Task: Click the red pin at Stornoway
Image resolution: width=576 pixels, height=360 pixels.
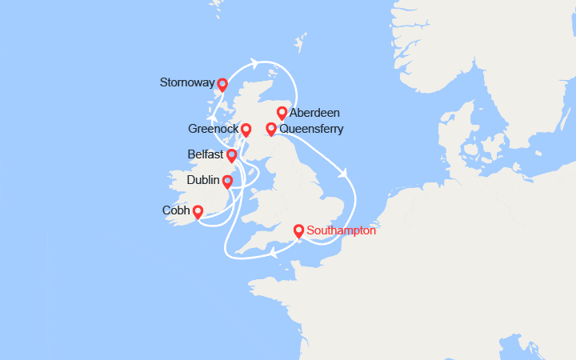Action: tap(222, 84)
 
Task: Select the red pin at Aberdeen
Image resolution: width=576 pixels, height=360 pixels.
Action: tap(282, 113)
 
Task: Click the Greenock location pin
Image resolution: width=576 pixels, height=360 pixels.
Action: tap(246, 130)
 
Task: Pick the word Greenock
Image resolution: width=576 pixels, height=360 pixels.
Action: tap(214, 129)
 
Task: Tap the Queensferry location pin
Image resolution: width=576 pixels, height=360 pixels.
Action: tap(271, 129)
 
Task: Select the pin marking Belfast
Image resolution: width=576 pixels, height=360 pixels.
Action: tap(232, 155)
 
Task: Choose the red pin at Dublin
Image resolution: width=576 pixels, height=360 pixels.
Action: tap(227, 182)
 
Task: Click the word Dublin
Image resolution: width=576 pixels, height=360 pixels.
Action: tap(203, 181)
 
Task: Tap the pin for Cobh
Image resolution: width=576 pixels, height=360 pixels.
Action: tap(197, 212)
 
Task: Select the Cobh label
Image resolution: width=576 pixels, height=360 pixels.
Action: tap(176, 211)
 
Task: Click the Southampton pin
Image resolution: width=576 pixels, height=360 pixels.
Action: tap(298, 231)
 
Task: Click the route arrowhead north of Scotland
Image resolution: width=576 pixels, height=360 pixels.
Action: tap(254, 63)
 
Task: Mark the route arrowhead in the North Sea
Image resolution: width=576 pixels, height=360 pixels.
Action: tap(345, 172)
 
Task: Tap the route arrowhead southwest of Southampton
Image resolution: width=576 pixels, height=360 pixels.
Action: tap(273, 253)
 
